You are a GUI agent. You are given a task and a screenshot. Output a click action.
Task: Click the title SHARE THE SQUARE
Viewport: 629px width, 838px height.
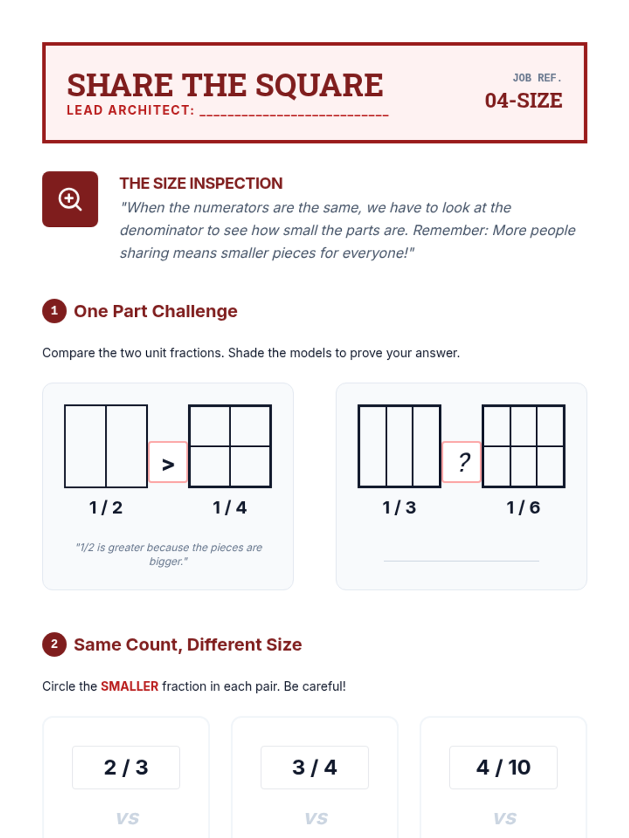coord(225,85)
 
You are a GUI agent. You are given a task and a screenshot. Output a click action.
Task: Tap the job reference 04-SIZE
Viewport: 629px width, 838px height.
coord(523,101)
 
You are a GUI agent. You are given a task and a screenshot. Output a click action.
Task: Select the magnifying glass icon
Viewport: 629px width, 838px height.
coord(70,199)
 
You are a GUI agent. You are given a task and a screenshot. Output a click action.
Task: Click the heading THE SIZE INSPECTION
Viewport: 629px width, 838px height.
coord(201,183)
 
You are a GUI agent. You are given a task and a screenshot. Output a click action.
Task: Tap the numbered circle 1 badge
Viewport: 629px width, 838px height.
coord(54,311)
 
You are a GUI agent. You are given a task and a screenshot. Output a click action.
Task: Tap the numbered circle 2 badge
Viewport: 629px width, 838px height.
coord(54,644)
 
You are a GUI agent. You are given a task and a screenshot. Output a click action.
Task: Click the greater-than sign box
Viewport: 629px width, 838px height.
coord(168,462)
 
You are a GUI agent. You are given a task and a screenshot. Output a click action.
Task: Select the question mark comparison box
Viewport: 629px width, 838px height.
coord(461,462)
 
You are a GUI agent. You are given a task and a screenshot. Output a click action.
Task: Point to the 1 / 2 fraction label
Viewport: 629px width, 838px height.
coord(106,508)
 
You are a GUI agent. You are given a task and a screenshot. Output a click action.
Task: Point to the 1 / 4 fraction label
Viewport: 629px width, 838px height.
coord(230,508)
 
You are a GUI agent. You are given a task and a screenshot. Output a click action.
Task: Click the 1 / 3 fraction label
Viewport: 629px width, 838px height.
coord(399,508)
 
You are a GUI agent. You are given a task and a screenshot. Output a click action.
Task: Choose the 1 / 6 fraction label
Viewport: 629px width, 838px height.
coord(523,508)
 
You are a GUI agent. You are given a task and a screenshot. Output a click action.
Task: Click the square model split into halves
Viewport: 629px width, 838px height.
coord(106,446)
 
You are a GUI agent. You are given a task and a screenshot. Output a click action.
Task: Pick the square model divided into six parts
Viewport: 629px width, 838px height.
coord(523,446)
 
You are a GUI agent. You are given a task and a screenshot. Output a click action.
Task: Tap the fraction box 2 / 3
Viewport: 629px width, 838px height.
coord(126,767)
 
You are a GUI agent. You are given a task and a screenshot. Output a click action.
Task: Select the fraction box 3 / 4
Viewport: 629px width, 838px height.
coord(314,767)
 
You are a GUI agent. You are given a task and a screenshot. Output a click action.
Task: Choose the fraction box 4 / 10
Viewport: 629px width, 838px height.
coord(503,767)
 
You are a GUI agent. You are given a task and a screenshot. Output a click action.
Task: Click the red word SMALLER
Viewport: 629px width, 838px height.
coord(129,686)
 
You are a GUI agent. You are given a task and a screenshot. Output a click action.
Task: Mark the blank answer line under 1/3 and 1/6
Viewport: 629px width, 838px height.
coord(461,561)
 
